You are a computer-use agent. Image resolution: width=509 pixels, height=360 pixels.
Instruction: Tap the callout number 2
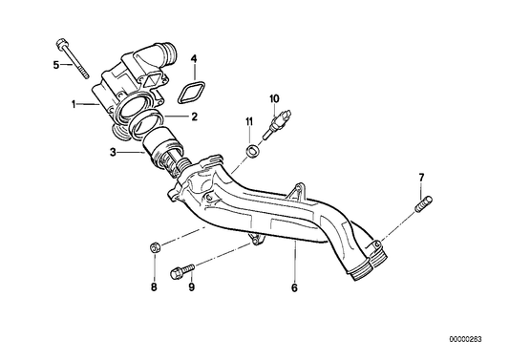(x=194, y=117)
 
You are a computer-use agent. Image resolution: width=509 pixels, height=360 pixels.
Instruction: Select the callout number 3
(x=112, y=151)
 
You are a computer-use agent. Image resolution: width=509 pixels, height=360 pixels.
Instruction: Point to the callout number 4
(x=194, y=60)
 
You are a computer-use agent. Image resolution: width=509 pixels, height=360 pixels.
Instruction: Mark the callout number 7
(x=420, y=179)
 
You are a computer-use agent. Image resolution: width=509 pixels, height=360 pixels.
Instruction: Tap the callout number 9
(x=191, y=286)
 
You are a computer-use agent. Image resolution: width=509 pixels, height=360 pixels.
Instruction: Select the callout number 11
(x=249, y=121)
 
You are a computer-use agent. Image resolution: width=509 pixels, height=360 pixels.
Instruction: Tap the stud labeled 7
(x=423, y=204)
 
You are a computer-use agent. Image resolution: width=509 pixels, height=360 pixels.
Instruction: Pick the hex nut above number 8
(x=154, y=250)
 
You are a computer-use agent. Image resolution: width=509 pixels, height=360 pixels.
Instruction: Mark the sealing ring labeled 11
(x=250, y=151)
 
